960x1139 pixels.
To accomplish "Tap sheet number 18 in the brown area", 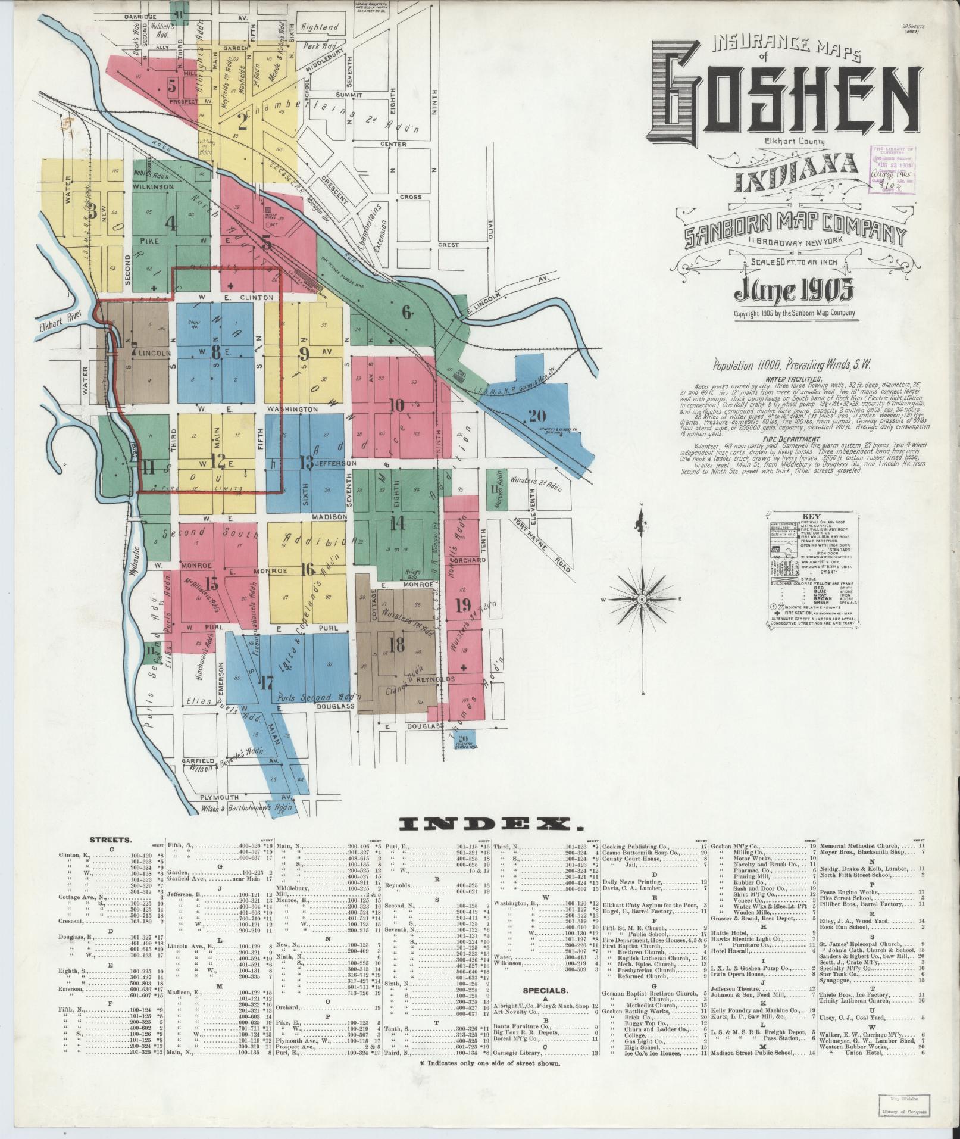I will pos(396,644).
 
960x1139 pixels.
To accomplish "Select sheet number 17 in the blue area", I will pos(266,682).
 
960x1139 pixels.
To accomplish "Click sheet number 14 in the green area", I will pos(397,523).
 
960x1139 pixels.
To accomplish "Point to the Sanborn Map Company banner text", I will pos(795,230).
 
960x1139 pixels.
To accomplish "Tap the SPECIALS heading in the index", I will pos(545,991).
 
